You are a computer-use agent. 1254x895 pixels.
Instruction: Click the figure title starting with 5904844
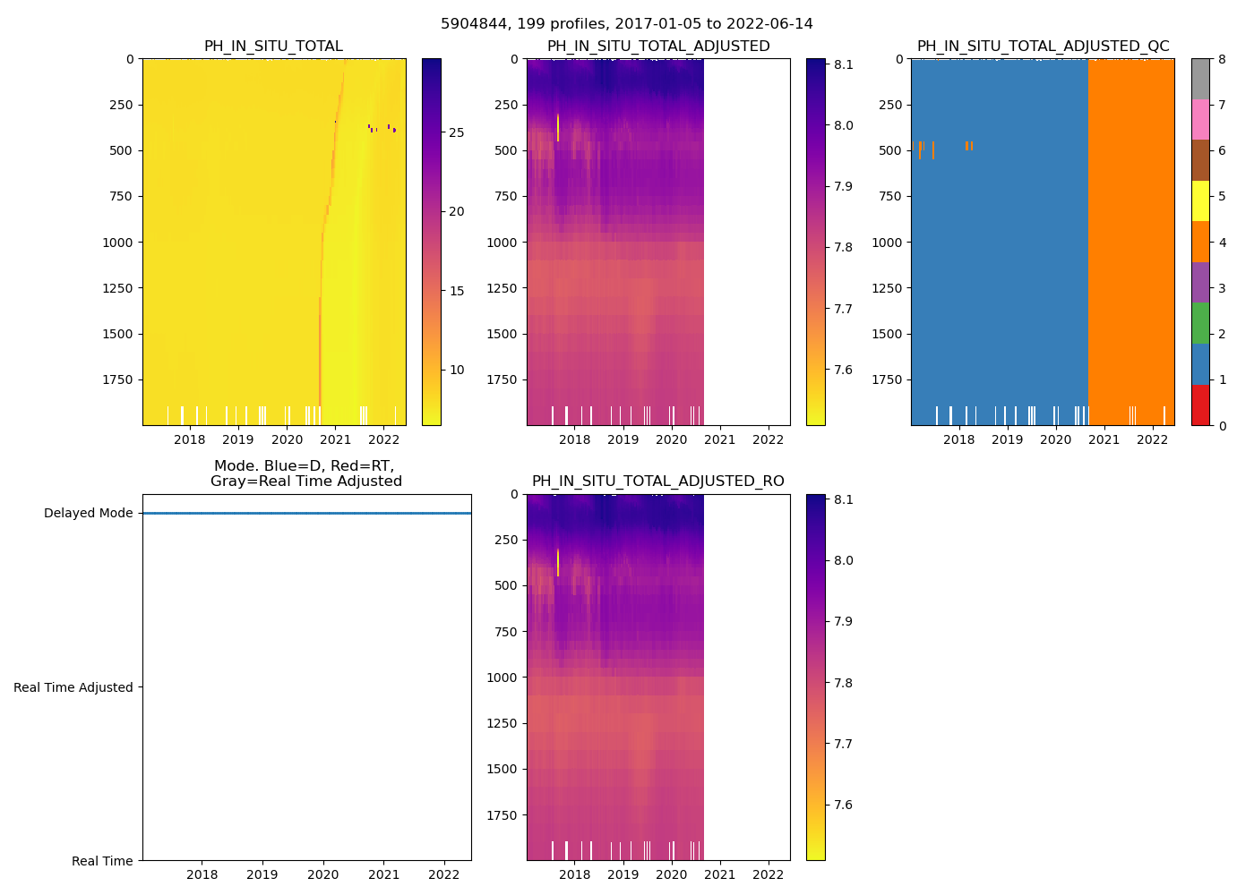(x=627, y=24)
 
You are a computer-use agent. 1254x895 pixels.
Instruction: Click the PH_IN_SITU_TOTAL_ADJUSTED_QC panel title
(x=1043, y=47)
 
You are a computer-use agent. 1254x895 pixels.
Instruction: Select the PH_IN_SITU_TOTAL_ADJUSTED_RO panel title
(x=658, y=482)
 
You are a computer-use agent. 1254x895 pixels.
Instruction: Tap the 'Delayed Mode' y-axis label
(x=88, y=514)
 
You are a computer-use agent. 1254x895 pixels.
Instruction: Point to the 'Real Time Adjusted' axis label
(x=73, y=687)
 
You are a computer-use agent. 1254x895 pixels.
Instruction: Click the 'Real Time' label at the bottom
(x=102, y=861)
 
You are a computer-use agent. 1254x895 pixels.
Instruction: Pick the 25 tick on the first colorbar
(x=456, y=132)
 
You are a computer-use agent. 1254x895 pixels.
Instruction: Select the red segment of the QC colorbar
(x=1200, y=405)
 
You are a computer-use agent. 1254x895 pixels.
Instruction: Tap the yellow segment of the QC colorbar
(x=1200, y=200)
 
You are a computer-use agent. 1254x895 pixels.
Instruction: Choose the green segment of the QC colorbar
(x=1200, y=323)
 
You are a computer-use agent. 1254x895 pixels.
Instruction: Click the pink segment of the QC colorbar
(x=1200, y=119)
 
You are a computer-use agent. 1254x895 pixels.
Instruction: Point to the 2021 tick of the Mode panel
(x=383, y=874)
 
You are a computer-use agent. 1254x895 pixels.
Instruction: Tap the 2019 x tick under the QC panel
(x=1007, y=439)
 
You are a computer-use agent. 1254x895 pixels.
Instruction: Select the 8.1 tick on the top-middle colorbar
(x=843, y=65)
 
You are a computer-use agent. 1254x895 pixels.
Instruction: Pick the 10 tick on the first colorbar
(x=456, y=370)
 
